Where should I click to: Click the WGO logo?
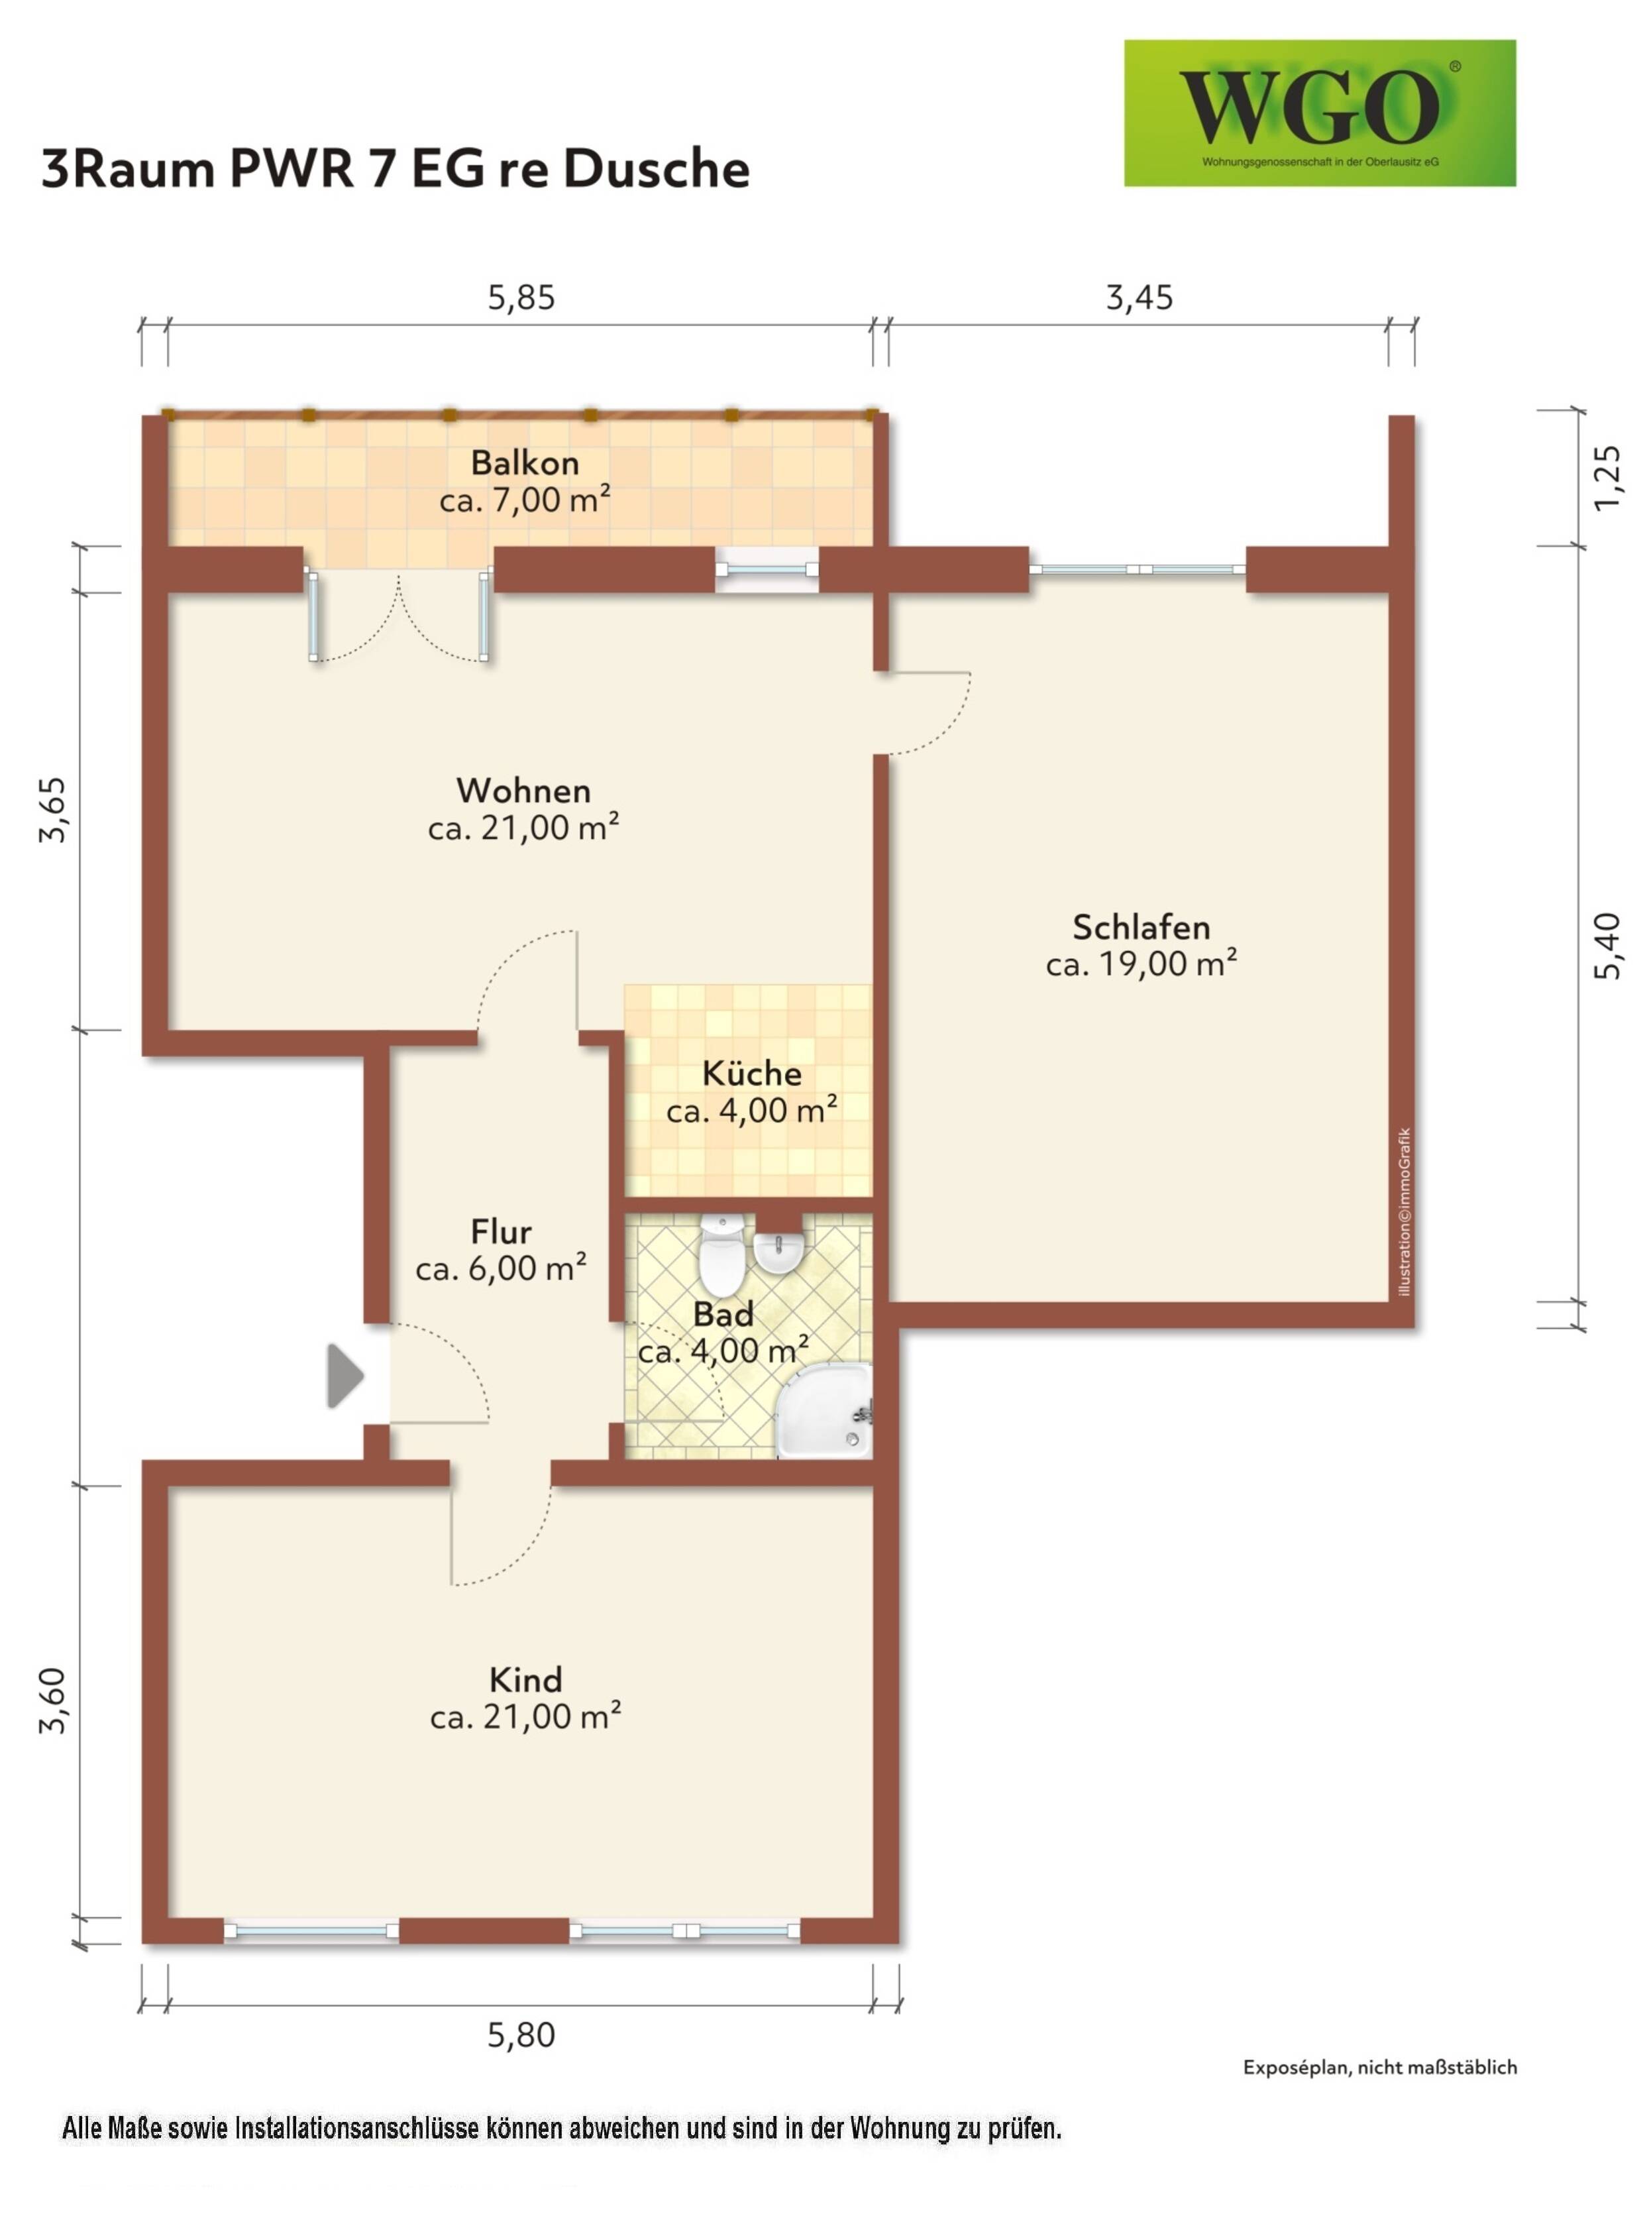[1319, 113]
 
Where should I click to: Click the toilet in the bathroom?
[721, 1252]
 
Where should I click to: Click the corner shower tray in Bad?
[825, 1412]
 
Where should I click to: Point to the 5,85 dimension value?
[521, 298]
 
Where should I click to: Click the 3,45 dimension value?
[1139, 298]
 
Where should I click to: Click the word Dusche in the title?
[657, 168]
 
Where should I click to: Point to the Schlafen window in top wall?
[1137, 570]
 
